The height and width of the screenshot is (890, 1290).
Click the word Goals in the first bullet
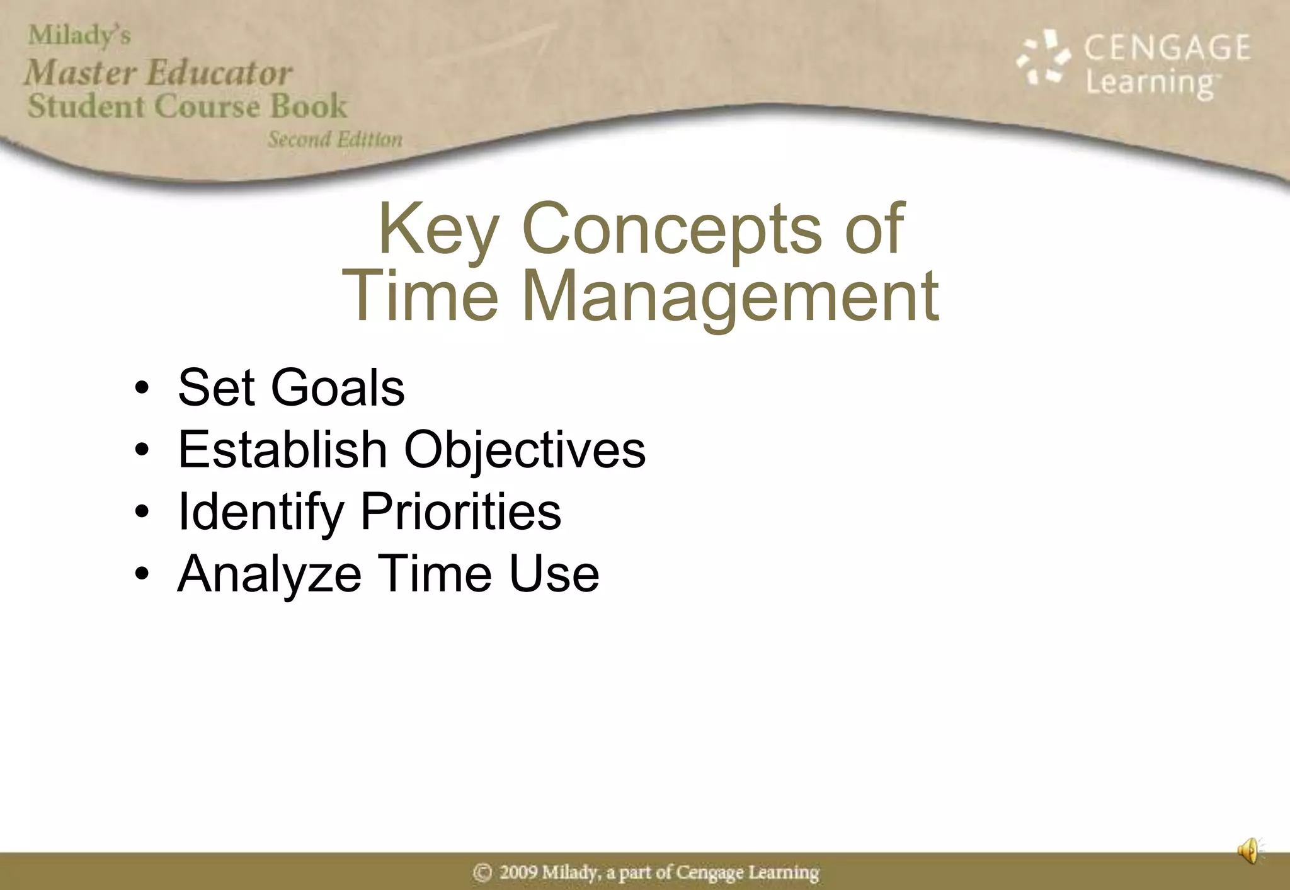coord(338,387)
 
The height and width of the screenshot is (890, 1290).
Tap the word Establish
coord(282,450)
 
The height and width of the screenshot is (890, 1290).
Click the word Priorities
coord(460,511)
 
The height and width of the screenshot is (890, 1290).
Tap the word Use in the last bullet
coord(554,574)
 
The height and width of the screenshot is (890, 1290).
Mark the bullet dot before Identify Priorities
coord(142,511)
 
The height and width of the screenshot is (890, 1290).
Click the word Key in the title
coord(438,229)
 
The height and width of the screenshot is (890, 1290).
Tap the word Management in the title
coord(730,296)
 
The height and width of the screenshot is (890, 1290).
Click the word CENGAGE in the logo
coord(1167,48)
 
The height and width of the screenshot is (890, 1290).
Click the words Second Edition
coord(335,139)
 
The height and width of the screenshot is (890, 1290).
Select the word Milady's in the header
coord(79,36)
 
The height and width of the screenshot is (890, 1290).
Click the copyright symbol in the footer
coord(482,873)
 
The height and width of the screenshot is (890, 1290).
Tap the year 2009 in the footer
coord(518,873)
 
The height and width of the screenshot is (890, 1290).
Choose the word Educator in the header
coord(219,72)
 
